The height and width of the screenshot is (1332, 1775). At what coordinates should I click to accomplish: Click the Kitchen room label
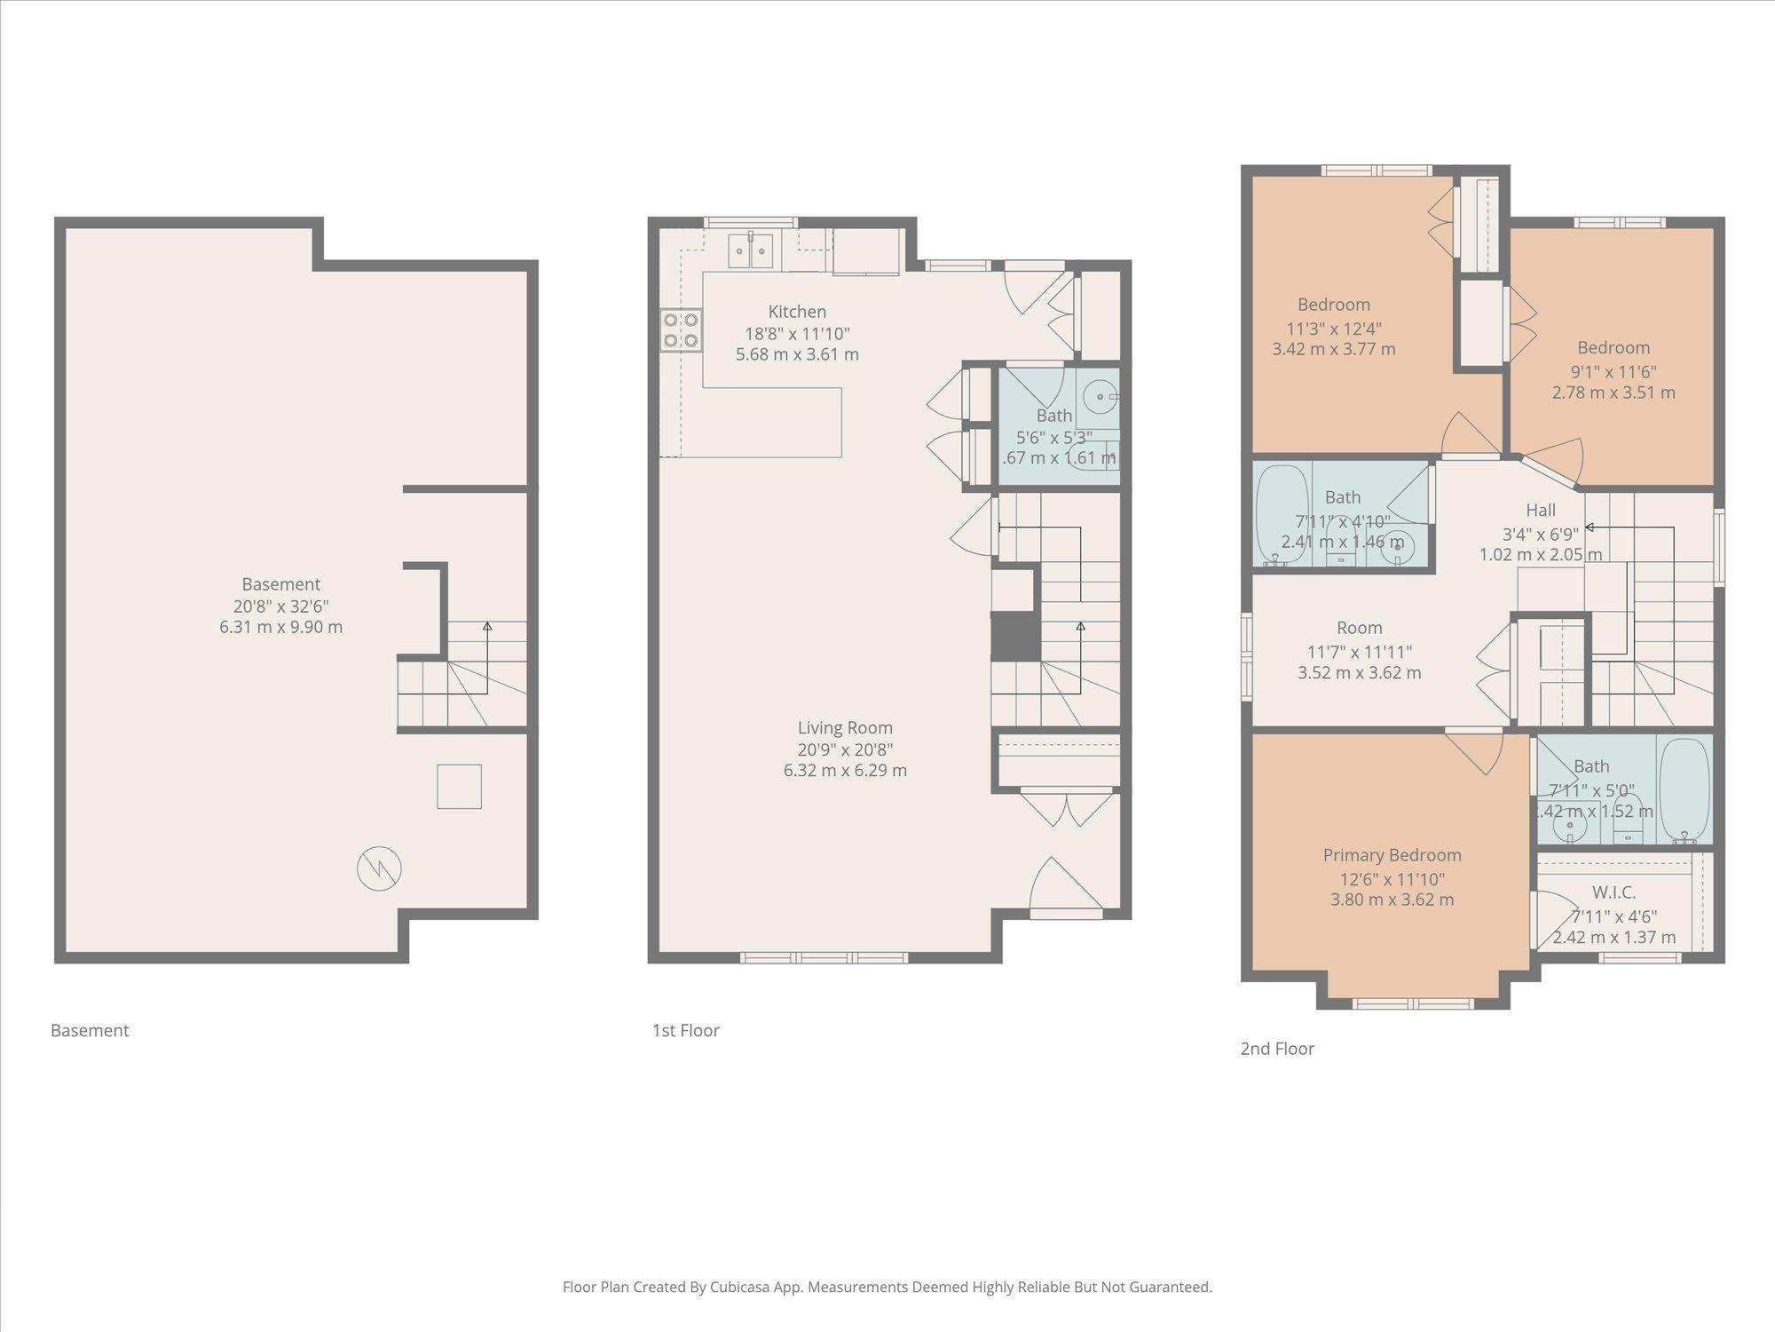pyautogui.click(x=796, y=312)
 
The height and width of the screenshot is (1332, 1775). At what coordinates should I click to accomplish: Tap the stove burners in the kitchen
pyautogui.click(x=681, y=329)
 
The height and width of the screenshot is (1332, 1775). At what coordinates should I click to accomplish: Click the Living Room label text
pyautogui.click(x=844, y=728)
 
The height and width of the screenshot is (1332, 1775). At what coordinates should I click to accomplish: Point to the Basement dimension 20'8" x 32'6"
pyautogui.click(x=280, y=606)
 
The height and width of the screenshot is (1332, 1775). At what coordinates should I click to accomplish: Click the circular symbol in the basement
pyautogui.click(x=379, y=868)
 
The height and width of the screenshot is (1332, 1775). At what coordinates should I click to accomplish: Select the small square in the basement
pyautogui.click(x=459, y=786)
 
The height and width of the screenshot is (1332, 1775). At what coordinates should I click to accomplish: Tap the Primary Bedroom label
pyautogui.click(x=1392, y=855)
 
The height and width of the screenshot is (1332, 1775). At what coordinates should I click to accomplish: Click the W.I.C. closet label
pyautogui.click(x=1613, y=892)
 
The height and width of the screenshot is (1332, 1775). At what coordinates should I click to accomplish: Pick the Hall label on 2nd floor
pyautogui.click(x=1541, y=511)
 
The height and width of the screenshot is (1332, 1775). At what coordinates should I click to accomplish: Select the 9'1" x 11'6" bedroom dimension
pyautogui.click(x=1613, y=371)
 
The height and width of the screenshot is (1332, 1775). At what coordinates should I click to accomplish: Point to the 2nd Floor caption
pyautogui.click(x=1276, y=1049)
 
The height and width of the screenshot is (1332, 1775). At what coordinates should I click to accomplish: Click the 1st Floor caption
pyautogui.click(x=685, y=1031)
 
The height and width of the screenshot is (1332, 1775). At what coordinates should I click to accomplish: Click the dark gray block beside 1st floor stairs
pyautogui.click(x=1014, y=637)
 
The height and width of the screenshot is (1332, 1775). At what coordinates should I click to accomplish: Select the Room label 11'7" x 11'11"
pyautogui.click(x=1359, y=628)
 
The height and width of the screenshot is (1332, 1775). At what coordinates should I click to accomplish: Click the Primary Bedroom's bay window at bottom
pyautogui.click(x=1413, y=1004)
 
